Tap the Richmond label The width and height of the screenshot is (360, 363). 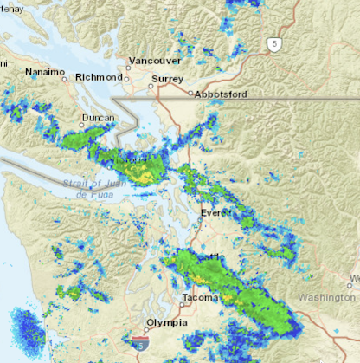[100, 77]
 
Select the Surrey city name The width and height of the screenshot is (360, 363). [167, 79]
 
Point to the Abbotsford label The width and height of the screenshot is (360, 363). [221, 94]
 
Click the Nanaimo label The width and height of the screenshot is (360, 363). [45, 72]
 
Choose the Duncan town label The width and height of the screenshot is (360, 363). [97, 118]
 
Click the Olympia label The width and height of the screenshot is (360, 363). [166, 323]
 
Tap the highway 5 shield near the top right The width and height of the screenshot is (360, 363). [274, 44]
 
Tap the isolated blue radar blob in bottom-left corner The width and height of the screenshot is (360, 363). [27, 328]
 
